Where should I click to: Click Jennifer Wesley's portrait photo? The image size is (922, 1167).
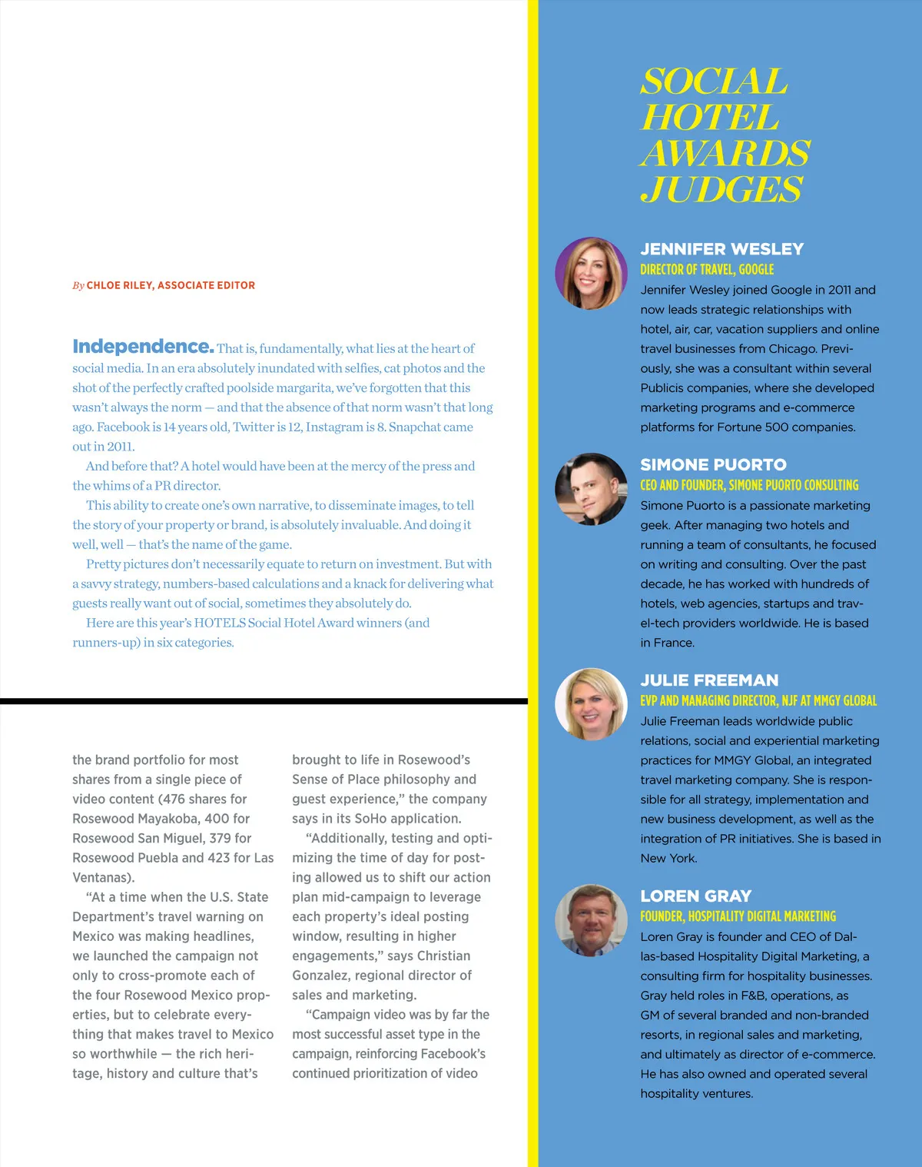pos(591,273)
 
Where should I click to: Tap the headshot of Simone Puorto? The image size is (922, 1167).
pos(591,489)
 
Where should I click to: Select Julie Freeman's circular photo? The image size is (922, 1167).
pos(591,704)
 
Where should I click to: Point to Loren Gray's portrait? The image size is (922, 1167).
pos(591,920)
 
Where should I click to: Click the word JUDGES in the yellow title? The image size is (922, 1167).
pos(721,189)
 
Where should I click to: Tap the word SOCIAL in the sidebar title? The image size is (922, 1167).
pos(714,81)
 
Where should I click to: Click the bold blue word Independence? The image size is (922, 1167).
pos(143,347)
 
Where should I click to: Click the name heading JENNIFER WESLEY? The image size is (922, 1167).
pos(721,249)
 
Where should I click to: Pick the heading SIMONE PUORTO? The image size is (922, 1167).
pos(713,464)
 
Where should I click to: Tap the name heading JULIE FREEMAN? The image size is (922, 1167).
pos(709,680)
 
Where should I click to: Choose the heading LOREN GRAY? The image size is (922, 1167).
pos(695,896)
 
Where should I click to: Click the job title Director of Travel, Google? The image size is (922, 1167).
pos(707,269)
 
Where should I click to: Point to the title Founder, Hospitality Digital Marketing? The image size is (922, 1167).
pos(738,916)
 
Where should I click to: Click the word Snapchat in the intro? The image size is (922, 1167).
pos(417,427)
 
